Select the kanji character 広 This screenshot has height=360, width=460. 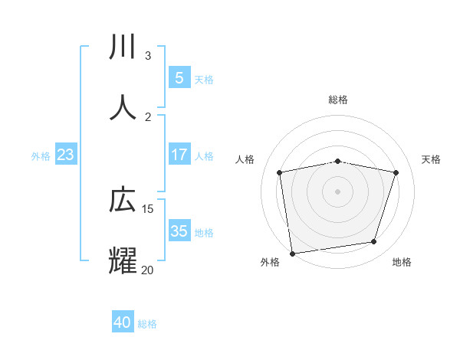(123, 200)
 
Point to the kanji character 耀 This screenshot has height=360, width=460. (123, 260)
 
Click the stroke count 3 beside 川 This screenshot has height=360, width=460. (148, 55)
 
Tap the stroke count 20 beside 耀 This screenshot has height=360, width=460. (148, 270)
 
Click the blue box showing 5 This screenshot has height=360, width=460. (179, 77)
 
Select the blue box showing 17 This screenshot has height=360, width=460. (179, 155)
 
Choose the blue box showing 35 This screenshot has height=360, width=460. (179, 231)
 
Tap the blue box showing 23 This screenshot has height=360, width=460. (65, 155)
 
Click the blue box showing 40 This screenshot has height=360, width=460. (123, 322)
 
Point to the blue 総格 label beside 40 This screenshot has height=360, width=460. (147, 324)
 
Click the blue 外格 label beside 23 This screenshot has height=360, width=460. (41, 156)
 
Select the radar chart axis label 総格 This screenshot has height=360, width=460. (337, 100)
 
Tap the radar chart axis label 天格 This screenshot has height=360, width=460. (431, 159)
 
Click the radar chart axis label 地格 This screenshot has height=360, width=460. (402, 262)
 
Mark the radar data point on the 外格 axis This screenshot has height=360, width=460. (292, 253)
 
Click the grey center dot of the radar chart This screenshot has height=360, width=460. (337, 191)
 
